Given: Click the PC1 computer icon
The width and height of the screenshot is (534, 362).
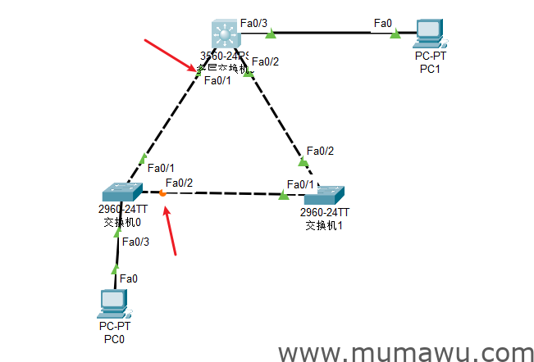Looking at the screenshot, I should coord(430,32).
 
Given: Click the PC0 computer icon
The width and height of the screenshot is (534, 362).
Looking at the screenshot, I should coord(111,303).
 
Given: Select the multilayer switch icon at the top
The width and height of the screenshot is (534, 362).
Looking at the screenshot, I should coord(223,35).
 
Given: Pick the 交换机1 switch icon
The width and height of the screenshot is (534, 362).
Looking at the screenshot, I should coord(324,194).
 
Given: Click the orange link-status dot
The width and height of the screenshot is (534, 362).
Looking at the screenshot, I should coord(162,192).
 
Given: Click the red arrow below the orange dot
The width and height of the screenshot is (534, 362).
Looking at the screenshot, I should coord(171,230).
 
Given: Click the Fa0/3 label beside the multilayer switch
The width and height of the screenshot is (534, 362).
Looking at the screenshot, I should coord(254,24).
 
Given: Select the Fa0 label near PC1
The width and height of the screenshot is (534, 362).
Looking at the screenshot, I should coord(382,23).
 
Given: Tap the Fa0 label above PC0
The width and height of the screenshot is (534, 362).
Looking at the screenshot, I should coord(129,278).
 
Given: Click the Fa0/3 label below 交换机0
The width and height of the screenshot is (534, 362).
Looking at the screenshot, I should coord(135,241).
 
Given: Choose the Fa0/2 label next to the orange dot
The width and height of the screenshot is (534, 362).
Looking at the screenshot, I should coord(179,182).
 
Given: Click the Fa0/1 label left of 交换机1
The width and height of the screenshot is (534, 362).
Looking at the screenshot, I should coord(300,183).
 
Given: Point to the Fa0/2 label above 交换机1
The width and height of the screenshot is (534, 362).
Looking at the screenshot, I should coord(320,151).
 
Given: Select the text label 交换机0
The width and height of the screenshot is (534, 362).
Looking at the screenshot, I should coord(121,221).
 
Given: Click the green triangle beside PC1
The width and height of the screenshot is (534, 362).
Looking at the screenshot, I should coord(395,34).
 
